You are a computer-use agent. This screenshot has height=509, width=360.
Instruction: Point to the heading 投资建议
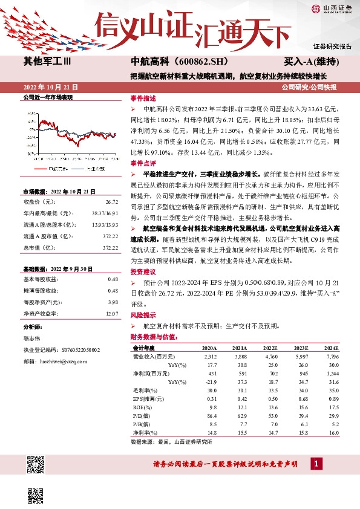[143, 273]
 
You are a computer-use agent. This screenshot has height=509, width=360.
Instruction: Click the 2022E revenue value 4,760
[254, 357]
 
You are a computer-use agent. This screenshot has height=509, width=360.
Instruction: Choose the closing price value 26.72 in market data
[111, 201]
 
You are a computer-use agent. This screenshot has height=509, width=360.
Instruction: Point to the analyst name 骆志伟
[33, 339]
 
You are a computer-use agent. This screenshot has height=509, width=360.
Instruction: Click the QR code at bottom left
[37, 466]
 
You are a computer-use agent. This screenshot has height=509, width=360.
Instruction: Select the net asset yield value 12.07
[111, 313]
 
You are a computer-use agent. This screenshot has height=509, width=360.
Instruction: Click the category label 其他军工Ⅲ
[48, 62]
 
